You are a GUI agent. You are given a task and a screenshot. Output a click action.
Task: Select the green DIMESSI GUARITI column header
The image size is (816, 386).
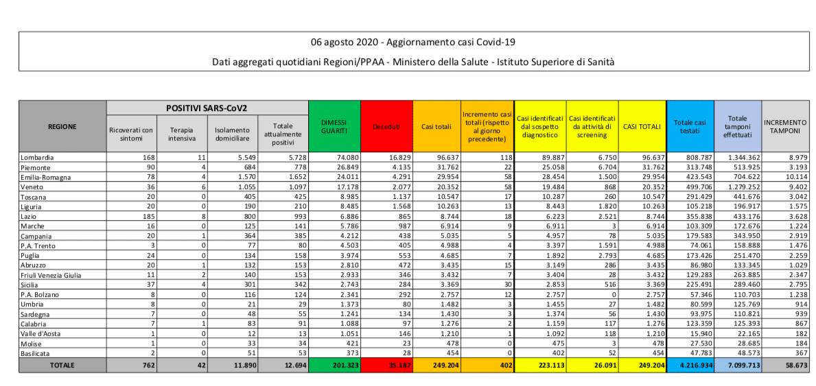coord(334,126)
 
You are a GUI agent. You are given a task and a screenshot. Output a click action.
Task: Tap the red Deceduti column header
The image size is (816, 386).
coord(387,127)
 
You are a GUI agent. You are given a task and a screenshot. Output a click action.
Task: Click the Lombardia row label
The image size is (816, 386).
coord(38,157)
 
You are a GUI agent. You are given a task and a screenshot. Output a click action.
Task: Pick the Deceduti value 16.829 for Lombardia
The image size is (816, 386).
coord(396,157)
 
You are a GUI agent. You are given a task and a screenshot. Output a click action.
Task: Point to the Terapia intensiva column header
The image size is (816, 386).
coord(181,134)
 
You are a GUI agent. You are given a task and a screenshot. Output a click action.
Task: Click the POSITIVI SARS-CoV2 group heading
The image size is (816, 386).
coord(207,108)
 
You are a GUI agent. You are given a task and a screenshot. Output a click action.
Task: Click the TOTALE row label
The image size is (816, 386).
coord(62,366)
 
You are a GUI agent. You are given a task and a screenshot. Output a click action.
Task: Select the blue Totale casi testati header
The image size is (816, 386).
coord(690,126)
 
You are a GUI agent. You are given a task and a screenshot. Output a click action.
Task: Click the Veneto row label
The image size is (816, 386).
coord(34,186)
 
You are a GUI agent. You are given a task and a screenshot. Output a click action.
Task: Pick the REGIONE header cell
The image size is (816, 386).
coord(62,126)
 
